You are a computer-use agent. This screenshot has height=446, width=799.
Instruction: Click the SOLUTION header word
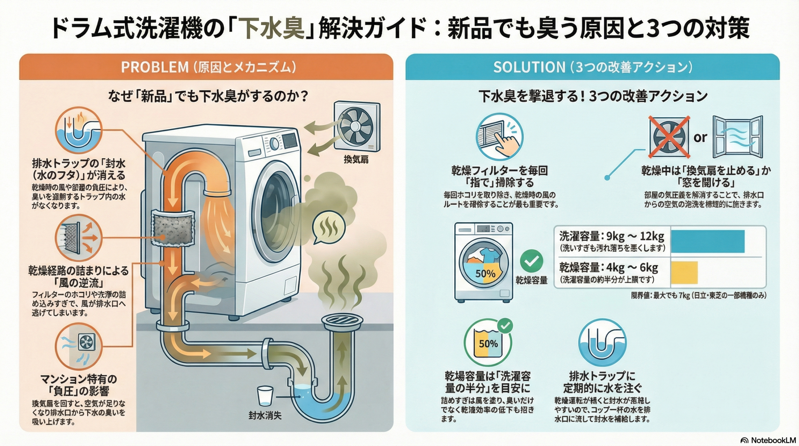[x=529, y=67]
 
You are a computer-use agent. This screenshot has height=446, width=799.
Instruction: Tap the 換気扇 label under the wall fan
[x=356, y=159]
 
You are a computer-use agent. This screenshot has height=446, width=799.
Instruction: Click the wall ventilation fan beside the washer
[x=357, y=125]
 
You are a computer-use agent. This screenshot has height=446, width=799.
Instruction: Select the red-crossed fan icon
[x=669, y=137]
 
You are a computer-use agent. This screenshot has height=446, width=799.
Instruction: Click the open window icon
[x=738, y=136]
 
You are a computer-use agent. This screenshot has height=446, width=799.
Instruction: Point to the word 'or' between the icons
[x=700, y=137]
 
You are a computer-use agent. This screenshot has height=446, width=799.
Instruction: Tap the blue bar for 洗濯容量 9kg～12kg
[x=708, y=241]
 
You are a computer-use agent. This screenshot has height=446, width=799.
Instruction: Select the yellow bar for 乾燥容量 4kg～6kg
[x=684, y=273]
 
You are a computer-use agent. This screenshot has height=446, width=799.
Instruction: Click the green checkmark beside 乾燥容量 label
[x=532, y=261]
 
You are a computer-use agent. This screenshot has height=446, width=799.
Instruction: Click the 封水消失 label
[x=265, y=415]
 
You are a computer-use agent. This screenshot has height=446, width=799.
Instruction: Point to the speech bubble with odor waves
[x=328, y=227]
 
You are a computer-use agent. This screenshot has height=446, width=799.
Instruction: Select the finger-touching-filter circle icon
[x=499, y=136]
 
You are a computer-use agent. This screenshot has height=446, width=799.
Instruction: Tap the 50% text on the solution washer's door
[x=485, y=274]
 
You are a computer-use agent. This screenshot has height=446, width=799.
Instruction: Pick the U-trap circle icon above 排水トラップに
[x=602, y=343]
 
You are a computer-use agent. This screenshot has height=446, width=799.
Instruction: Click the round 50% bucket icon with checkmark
[x=488, y=343]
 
